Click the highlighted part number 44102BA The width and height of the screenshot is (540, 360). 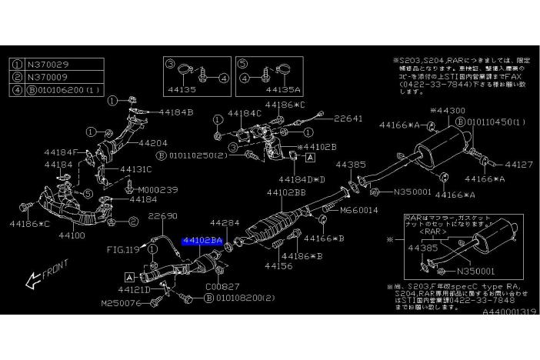202,241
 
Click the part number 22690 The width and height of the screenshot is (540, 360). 162,216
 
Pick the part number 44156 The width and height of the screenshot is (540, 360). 279,265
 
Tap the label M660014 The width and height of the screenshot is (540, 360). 358,209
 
